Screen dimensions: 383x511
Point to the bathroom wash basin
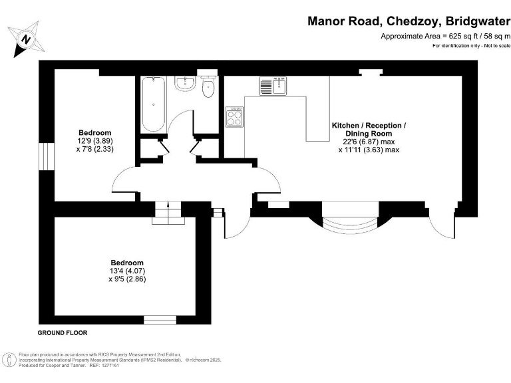(x=184, y=83)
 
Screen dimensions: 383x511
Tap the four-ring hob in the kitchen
(x=235, y=116)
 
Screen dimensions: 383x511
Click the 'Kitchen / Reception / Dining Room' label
(x=369, y=130)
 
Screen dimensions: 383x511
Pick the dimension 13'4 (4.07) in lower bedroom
(x=126, y=271)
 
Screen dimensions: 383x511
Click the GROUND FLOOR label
(x=63, y=332)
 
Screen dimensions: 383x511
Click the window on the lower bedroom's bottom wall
(x=160, y=320)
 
